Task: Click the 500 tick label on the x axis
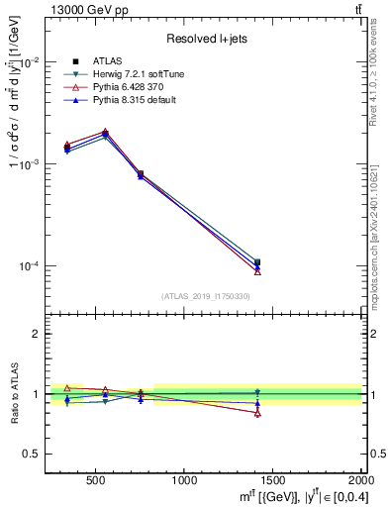[x=96, y=480]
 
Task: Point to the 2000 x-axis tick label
[x=358, y=480]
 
